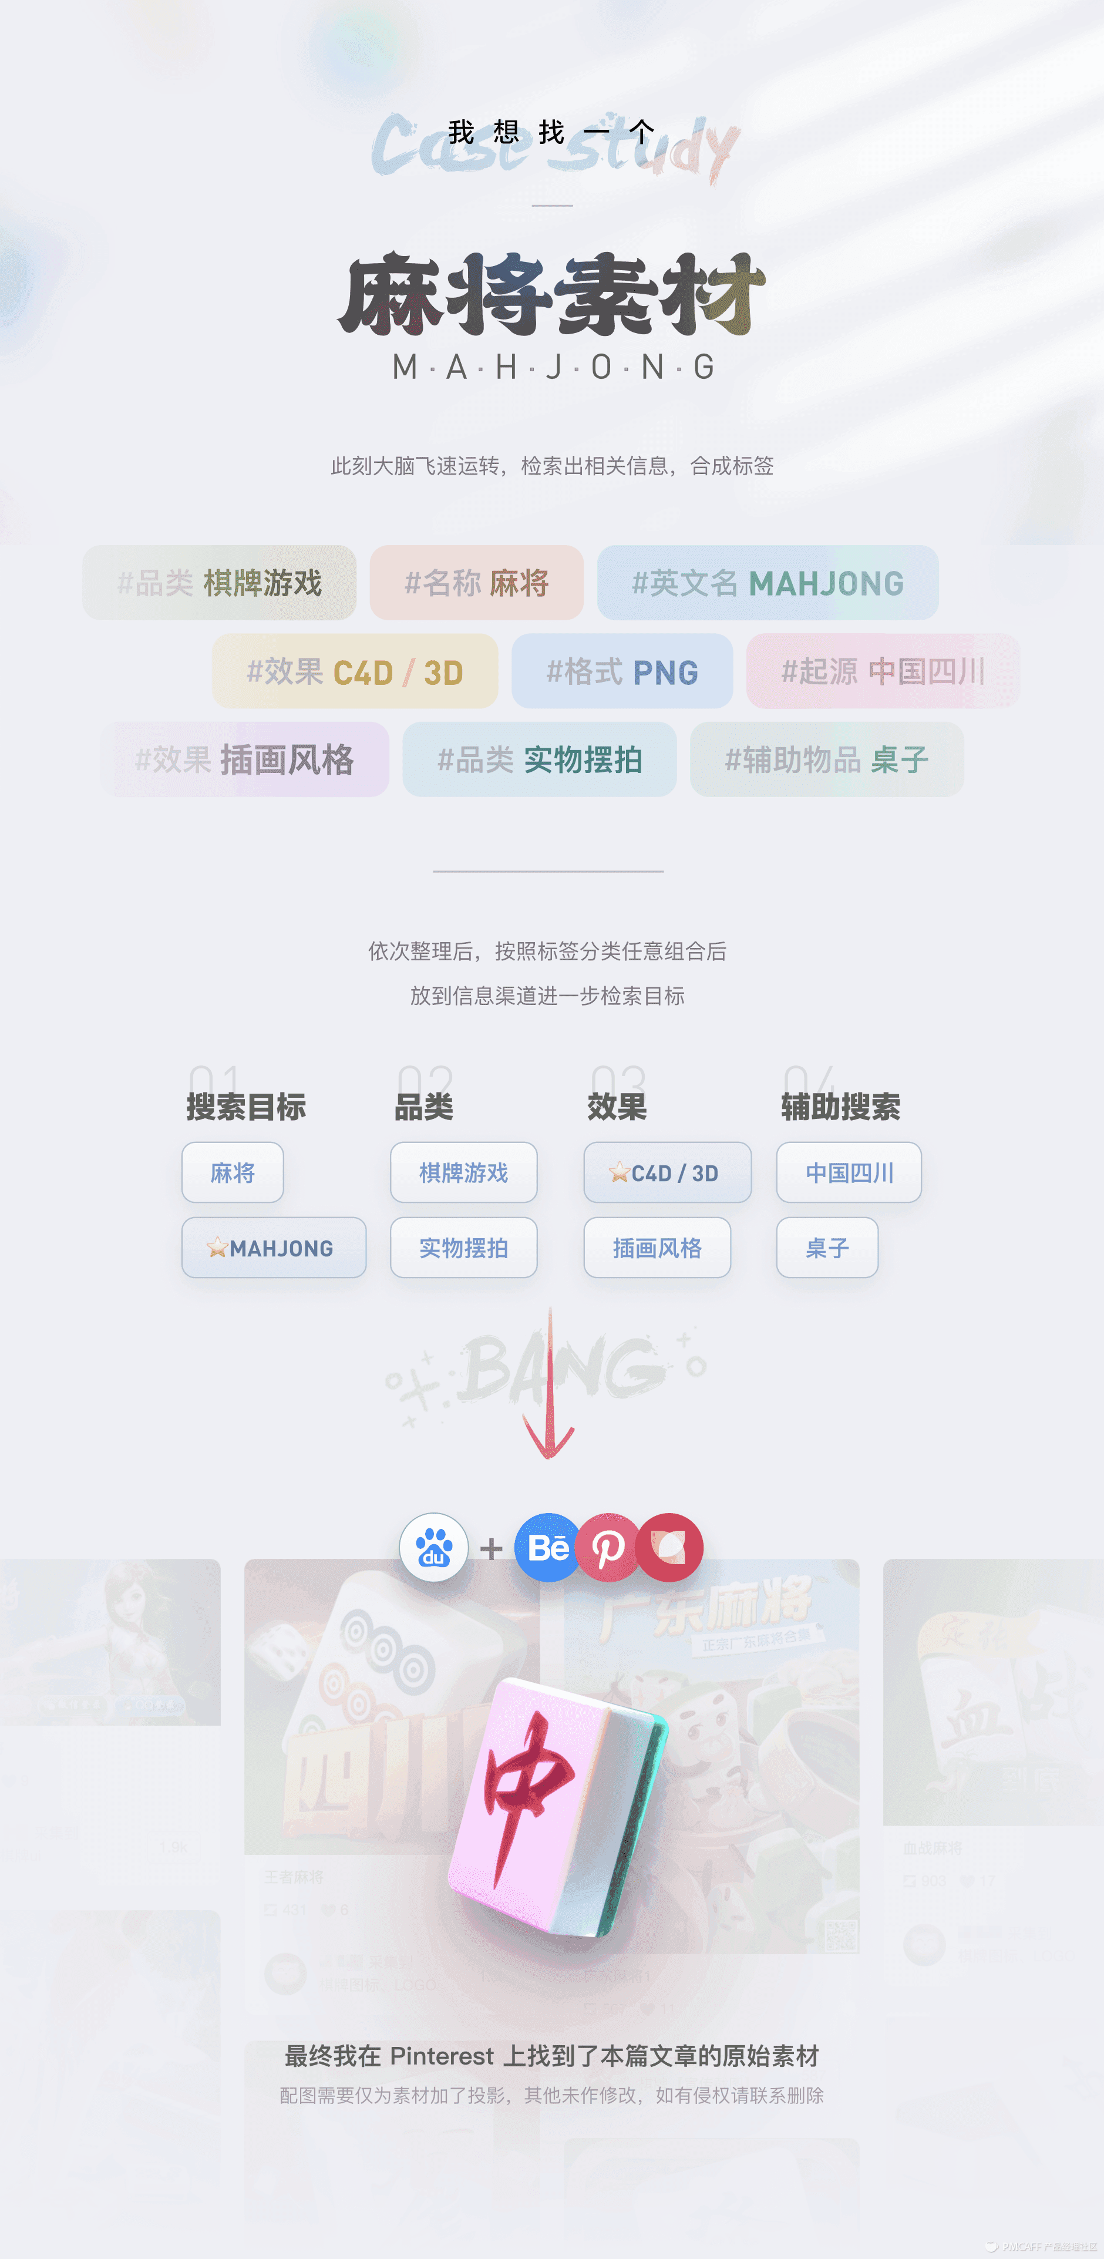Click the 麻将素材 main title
click(551, 295)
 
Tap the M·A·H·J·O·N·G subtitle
click(553, 367)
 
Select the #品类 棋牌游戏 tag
click(219, 583)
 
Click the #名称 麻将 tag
click(476, 583)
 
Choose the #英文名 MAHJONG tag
click(768, 583)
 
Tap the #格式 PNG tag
click(622, 672)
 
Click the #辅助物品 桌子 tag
click(826, 759)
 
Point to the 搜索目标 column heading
click(247, 1107)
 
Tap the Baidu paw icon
click(433, 1548)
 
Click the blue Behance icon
click(547, 1548)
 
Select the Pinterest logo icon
click(608, 1548)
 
